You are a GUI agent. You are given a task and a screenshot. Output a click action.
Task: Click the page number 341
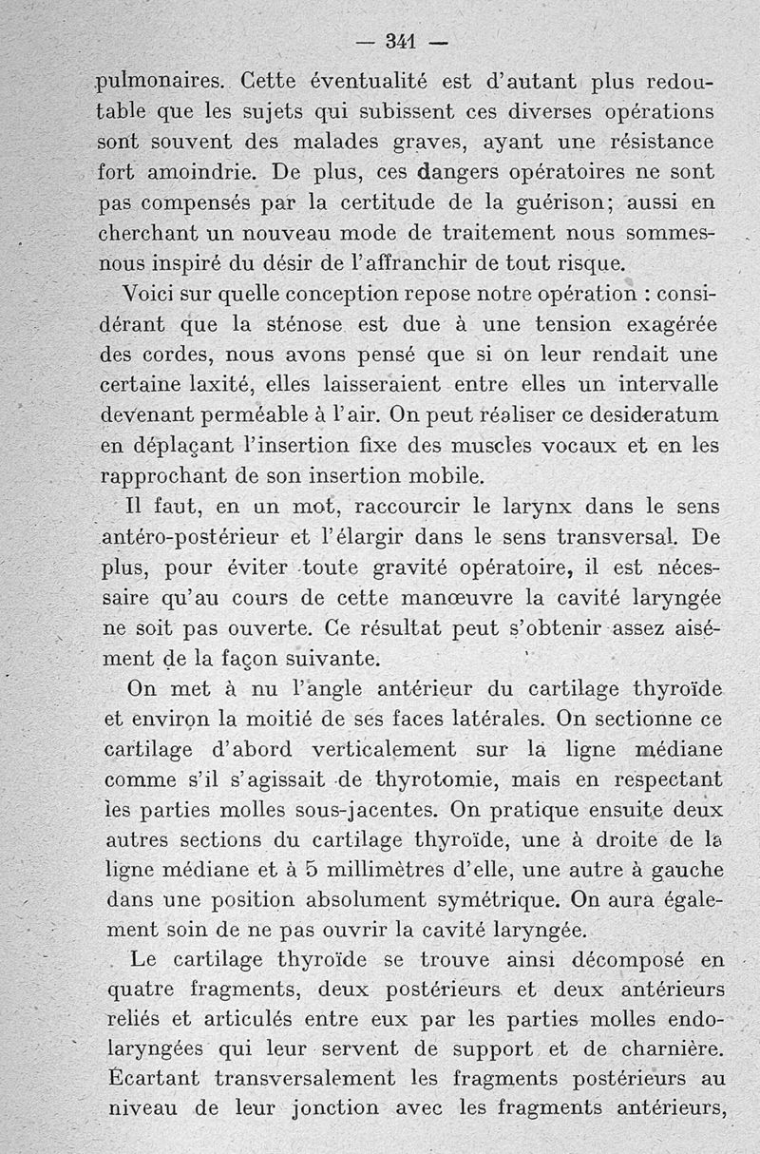point(403,42)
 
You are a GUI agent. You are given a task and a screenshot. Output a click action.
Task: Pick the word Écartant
point(157,1079)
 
